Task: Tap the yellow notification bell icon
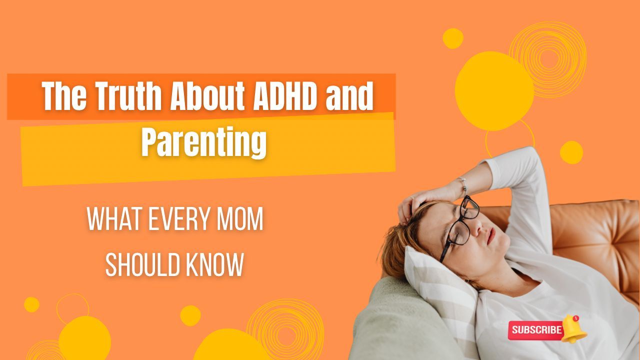[573, 328]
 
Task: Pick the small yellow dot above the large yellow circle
[453, 38]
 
